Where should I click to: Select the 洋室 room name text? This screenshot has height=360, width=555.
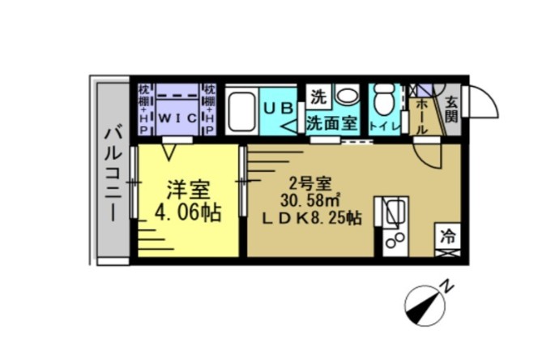(x=189, y=191)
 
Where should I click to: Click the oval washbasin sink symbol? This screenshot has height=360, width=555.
(x=348, y=96)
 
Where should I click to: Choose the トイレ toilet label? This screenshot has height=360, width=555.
(x=384, y=126)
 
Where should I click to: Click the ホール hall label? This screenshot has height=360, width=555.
(x=422, y=116)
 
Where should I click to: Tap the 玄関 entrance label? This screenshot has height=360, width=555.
(x=451, y=109)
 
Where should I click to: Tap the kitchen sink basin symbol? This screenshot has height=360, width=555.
(x=392, y=212)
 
